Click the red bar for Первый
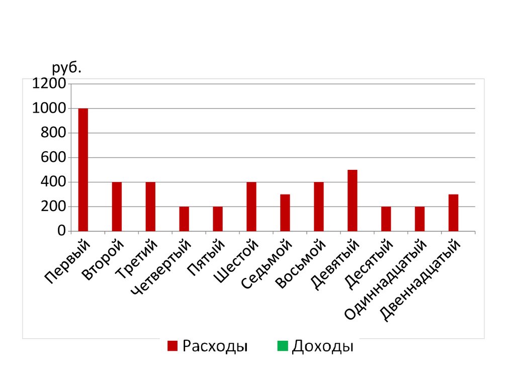click(83, 169)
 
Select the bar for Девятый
click(352, 201)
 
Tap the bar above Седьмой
click(285, 213)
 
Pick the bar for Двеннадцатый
click(453, 213)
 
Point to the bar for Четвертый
click(184, 219)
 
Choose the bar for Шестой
click(251, 207)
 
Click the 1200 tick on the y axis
click(49, 84)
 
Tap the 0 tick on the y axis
click(61, 231)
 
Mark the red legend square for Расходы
click(173, 346)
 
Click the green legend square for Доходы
click(283, 346)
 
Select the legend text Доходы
click(322, 346)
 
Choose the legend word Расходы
click(215, 346)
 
